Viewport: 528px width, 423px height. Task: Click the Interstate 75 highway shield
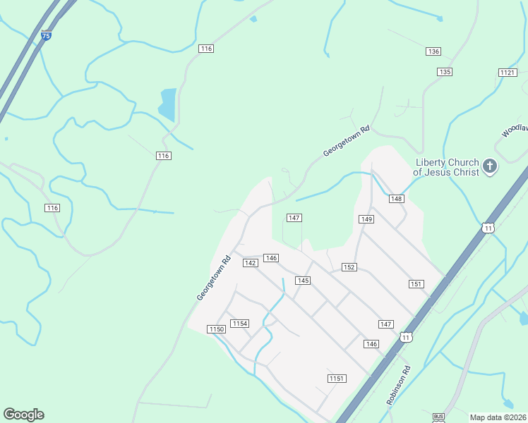pyautogui.click(x=46, y=35)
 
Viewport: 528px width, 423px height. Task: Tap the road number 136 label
pyautogui.click(x=433, y=51)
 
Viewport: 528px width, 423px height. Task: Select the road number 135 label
pyautogui.click(x=444, y=72)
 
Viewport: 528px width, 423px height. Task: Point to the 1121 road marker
pyautogui.click(x=508, y=73)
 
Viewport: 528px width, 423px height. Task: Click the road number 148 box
pyautogui.click(x=396, y=200)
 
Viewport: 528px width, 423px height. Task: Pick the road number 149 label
pyautogui.click(x=366, y=219)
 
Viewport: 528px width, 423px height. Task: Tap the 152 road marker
pyautogui.click(x=349, y=267)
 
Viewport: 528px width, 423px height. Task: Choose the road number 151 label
pyautogui.click(x=416, y=283)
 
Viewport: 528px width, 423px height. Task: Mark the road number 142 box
pyautogui.click(x=250, y=263)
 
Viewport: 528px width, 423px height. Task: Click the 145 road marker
pyautogui.click(x=303, y=281)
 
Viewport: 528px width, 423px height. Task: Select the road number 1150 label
pyautogui.click(x=216, y=329)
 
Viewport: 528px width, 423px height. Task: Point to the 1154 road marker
pyautogui.click(x=240, y=324)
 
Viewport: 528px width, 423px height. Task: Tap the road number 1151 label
pyautogui.click(x=337, y=379)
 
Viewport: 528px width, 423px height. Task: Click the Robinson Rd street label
pyautogui.click(x=398, y=384)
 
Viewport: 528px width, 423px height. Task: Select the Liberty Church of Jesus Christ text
pyautogui.click(x=446, y=167)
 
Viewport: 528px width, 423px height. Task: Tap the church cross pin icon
pyautogui.click(x=490, y=167)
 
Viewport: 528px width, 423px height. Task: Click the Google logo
pyautogui.click(x=23, y=415)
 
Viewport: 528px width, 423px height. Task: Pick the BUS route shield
pyautogui.click(x=438, y=417)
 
